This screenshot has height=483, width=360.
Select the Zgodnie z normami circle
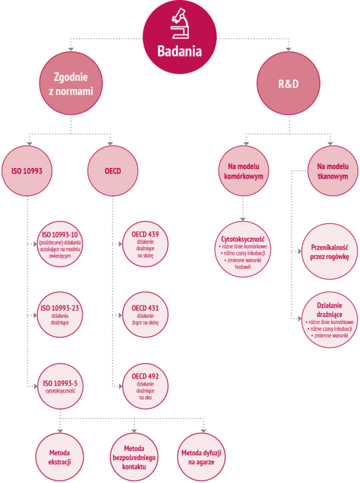tap(71, 83)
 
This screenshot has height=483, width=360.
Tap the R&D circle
tap(289, 83)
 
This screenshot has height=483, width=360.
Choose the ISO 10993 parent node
tap(27, 171)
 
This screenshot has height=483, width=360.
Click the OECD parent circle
tap(113, 171)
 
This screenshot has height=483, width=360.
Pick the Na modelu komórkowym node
tap(243, 171)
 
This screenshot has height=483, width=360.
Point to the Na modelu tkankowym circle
tap(333, 171)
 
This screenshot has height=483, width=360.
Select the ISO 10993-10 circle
tap(60, 244)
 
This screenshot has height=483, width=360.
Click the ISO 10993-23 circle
tap(60, 315)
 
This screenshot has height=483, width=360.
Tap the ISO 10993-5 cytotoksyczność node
tap(60, 386)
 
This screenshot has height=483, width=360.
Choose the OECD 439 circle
tap(145, 244)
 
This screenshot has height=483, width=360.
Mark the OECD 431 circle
tap(145, 315)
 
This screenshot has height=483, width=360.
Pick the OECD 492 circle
tap(145, 386)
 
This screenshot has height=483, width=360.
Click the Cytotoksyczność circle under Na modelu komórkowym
tap(243, 249)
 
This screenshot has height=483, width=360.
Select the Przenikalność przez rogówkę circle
tap(329, 251)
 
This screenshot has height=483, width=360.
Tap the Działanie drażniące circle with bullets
tap(329, 320)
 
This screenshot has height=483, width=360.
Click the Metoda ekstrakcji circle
tap(59, 457)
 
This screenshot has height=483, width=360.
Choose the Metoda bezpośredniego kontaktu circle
tap(134, 457)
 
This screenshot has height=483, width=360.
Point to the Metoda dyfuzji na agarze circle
tap(201, 457)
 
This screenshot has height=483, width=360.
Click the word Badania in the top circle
tap(179, 51)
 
